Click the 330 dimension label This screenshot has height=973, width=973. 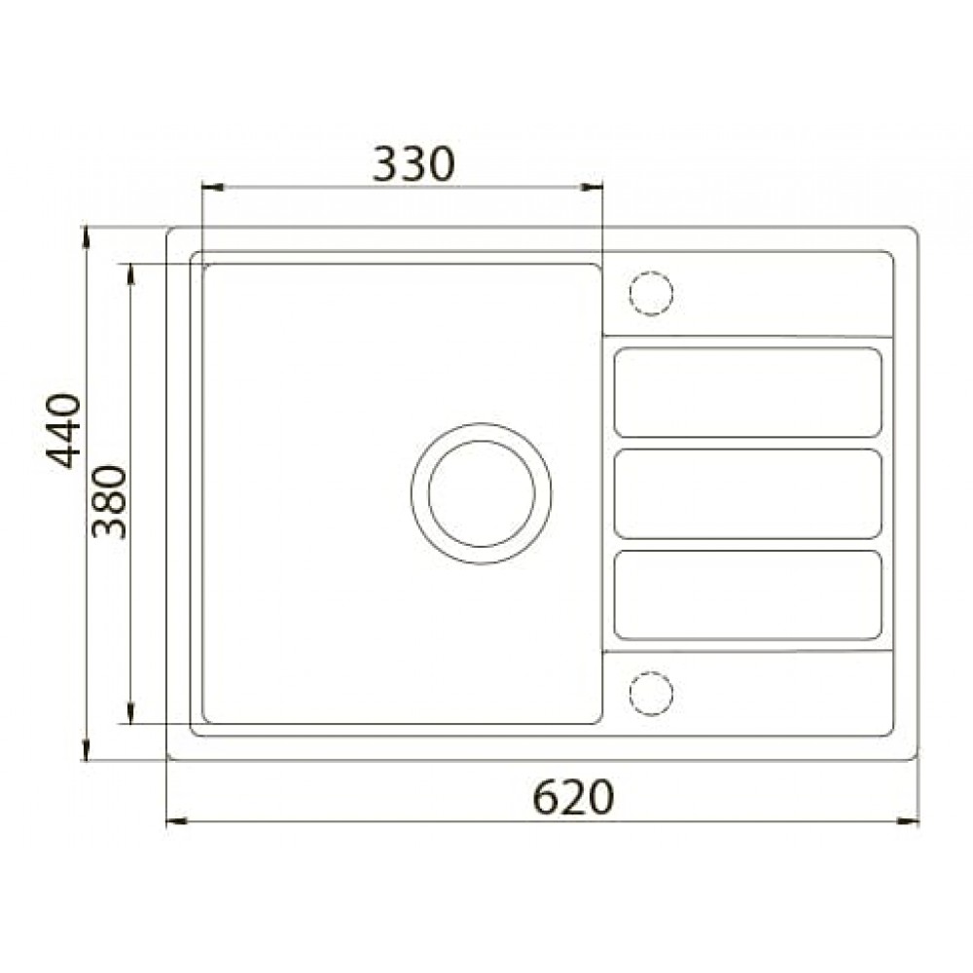[x=414, y=164]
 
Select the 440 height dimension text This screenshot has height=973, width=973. [x=63, y=431]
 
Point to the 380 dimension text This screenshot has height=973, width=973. [x=109, y=502]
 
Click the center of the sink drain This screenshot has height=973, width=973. [x=481, y=494]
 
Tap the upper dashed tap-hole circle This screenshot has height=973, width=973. [x=651, y=293]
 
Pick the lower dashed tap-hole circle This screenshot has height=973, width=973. [x=651, y=693]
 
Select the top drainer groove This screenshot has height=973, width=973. [x=747, y=392]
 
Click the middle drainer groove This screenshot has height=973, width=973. [x=747, y=494]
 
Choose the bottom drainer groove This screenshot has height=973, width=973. [x=747, y=595]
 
